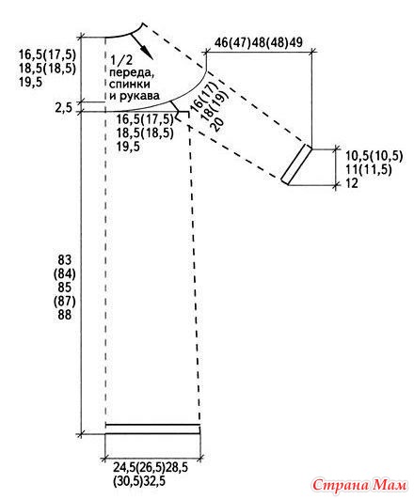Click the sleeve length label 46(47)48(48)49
pos(258,42)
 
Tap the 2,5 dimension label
pos(64,107)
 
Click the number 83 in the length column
pos(65,260)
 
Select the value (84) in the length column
pos(65,273)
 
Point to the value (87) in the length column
pos(65,301)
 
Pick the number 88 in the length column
pos(65,315)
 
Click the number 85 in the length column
pos(65,288)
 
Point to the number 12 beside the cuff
pos(352,183)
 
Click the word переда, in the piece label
pos(132,73)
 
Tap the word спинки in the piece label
pos(130,85)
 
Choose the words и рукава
pos(135,96)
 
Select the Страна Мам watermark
pos(359,485)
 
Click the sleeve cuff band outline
pos(296,164)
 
